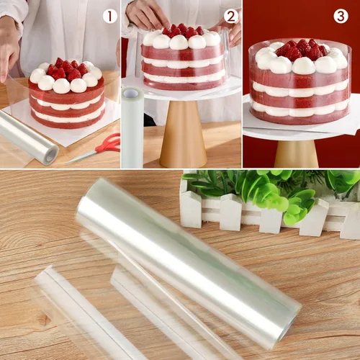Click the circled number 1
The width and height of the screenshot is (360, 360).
(110, 16)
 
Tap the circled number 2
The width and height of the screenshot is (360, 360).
(231, 17)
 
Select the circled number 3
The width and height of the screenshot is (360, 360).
(341, 16)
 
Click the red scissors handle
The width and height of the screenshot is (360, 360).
(109, 143)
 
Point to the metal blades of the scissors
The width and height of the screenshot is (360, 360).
(81, 157)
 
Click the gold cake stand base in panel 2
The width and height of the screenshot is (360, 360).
(184, 135)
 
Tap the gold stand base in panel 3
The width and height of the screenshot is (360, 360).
(297, 154)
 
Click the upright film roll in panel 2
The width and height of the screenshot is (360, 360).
(132, 127)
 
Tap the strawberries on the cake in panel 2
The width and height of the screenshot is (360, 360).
(183, 31)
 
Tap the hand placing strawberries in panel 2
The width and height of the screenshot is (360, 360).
(147, 12)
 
